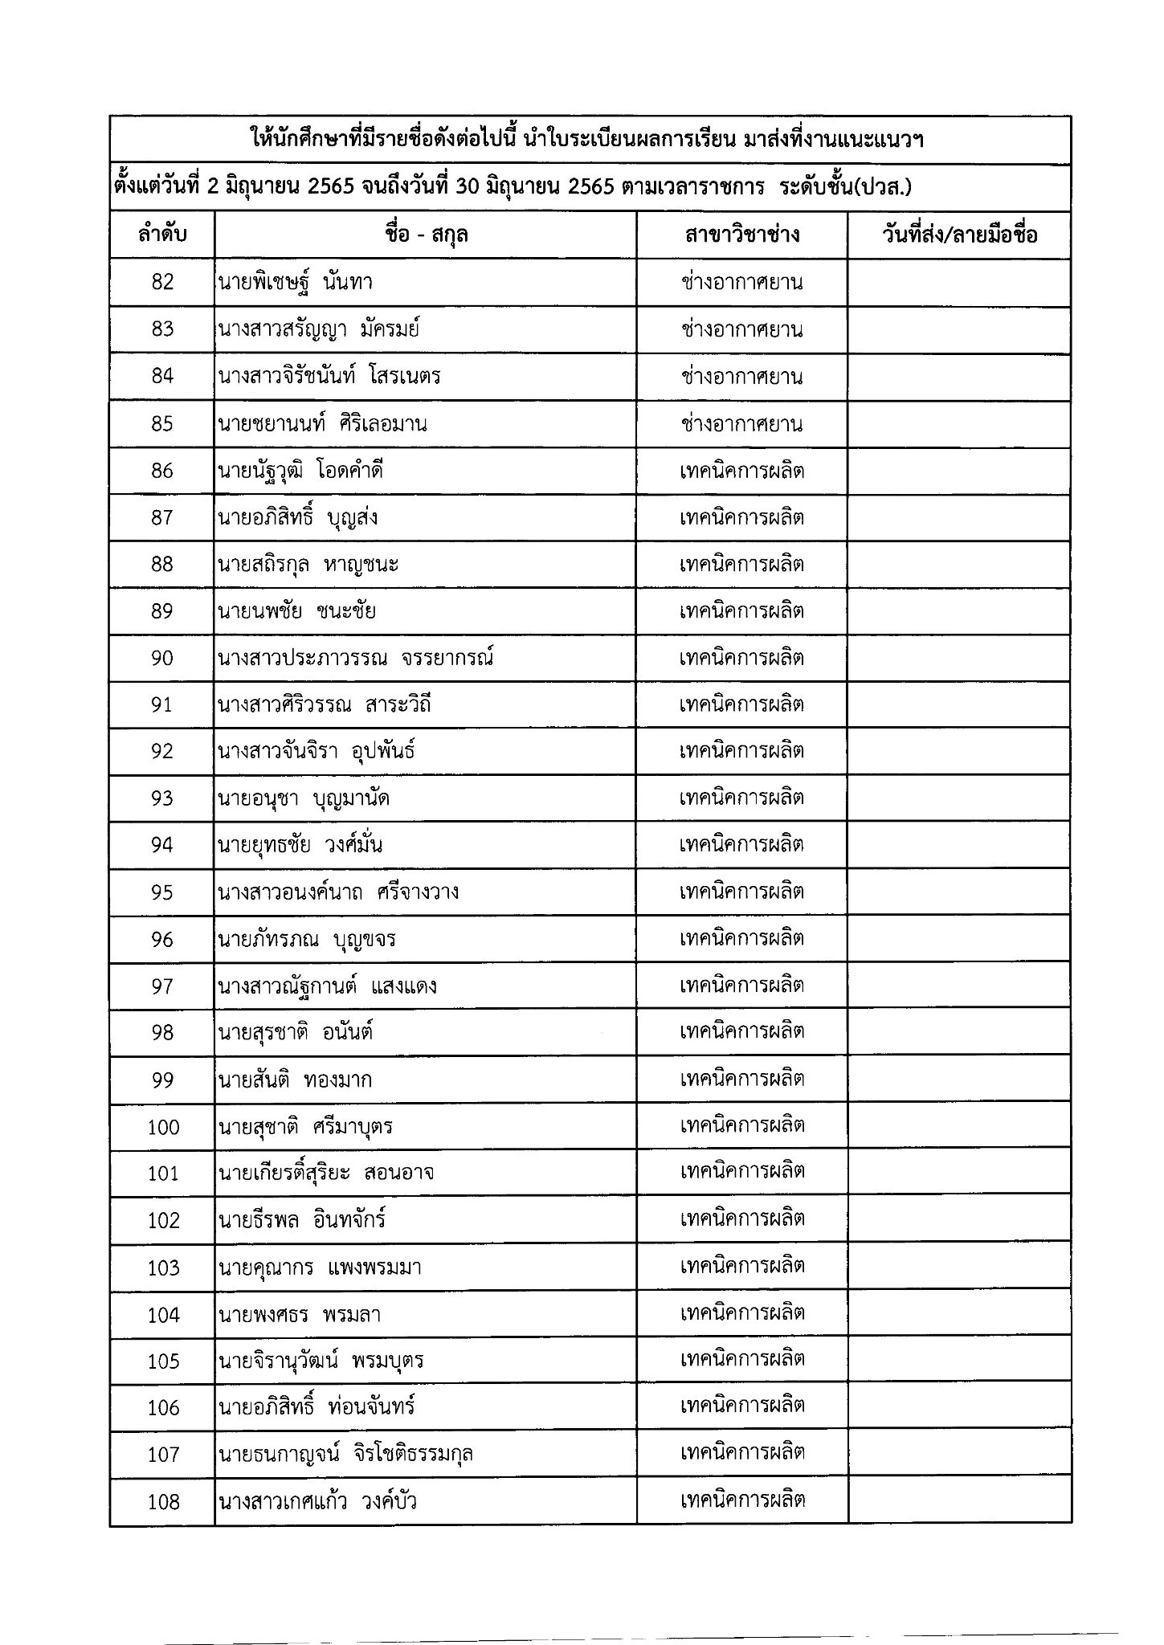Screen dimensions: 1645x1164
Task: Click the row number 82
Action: coord(162,282)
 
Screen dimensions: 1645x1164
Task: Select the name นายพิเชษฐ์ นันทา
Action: coord(295,282)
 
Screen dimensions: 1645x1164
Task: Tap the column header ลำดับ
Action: coord(162,235)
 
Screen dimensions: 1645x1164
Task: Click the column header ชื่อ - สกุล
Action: coord(426,235)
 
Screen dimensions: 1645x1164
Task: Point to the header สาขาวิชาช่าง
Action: coord(741,235)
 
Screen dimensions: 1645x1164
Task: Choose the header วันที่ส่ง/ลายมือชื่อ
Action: coord(959,235)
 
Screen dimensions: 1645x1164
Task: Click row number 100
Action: coord(163,1127)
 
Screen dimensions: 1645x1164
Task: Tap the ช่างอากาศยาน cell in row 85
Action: coord(741,423)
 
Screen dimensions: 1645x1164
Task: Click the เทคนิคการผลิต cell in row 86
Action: coord(741,471)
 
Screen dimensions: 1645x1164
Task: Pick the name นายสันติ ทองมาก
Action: coord(295,1080)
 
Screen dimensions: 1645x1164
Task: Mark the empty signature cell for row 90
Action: coord(959,658)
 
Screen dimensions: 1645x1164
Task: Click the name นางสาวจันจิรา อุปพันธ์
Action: coord(316,751)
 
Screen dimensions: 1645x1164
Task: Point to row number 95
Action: coord(162,892)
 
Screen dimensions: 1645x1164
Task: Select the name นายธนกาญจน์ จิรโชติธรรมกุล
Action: coord(345,1455)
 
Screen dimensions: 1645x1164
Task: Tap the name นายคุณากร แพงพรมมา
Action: coord(319,1268)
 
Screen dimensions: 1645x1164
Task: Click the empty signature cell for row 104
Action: coord(959,1315)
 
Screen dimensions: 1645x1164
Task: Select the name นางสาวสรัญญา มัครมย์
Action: coord(318,329)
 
